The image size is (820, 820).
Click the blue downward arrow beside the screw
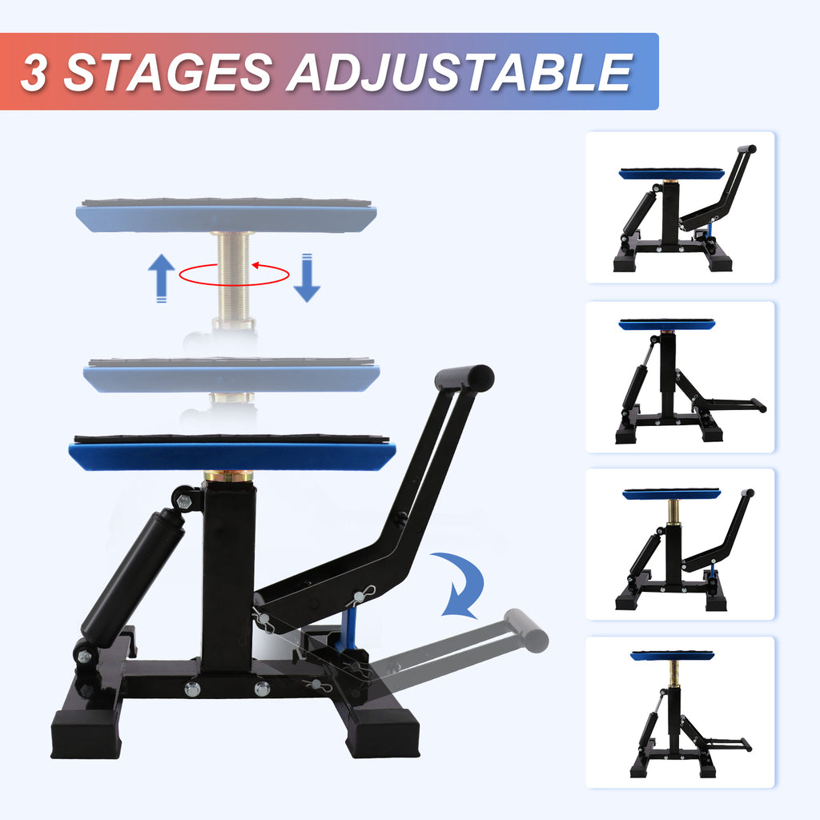pyautogui.click(x=307, y=277)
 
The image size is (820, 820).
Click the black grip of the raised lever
pyautogui.click(x=464, y=379)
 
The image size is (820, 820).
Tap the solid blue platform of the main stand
pyautogui.click(x=232, y=456)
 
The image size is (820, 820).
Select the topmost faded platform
pyautogui.click(x=227, y=216)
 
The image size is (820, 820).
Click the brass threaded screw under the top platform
pyautogui.click(x=234, y=276)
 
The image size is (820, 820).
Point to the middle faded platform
pyautogui.click(x=231, y=376)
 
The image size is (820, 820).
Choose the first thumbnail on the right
pyautogui.click(x=680, y=207)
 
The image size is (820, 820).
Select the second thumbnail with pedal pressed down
pyautogui.click(x=680, y=377)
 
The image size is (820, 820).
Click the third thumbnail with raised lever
pyautogui.click(x=680, y=544)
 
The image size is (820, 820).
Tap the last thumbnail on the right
pyautogui.click(x=680, y=712)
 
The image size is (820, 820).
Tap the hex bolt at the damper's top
pyautogui.click(x=183, y=502)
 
